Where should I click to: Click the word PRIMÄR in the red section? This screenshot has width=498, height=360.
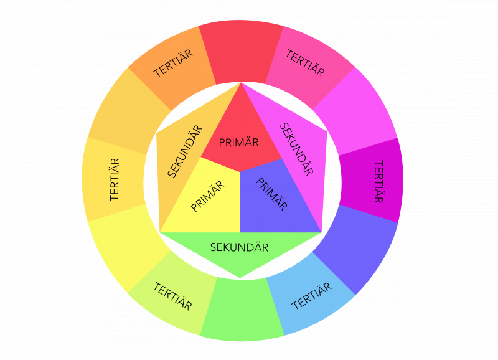tap(239, 142)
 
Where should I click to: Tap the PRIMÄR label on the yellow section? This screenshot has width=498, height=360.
tap(207, 196)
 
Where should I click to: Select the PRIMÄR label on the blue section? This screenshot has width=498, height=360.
tap(273, 195)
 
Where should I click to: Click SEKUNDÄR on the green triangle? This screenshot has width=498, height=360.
tap(239, 247)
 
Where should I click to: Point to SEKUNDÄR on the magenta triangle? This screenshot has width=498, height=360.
tap(296, 149)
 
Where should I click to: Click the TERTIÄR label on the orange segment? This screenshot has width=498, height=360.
tap(173, 63)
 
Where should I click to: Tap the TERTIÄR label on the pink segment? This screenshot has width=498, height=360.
tap(305, 63)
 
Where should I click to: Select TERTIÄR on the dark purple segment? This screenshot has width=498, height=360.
tap(378, 181)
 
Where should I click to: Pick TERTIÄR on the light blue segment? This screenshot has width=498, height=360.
tap(311, 295)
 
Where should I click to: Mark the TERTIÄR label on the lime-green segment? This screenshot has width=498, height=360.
tap(172, 296)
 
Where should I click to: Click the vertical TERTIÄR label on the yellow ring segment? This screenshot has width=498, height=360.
tap(115, 179)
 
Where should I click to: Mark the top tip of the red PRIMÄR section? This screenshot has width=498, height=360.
tap(241, 83)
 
